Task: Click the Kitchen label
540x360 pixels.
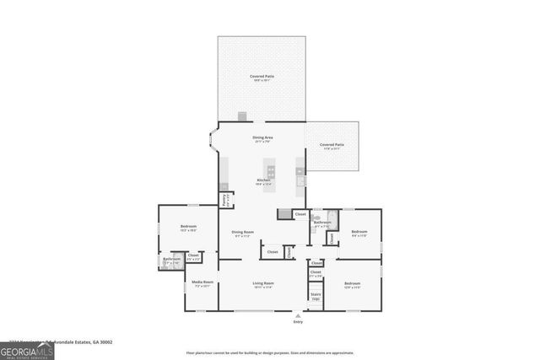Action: click(x=263, y=180)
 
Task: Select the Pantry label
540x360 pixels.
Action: click(x=225, y=201)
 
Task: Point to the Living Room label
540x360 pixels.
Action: click(x=263, y=284)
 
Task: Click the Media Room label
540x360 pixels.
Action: click(x=202, y=283)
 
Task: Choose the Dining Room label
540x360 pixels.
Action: click(x=243, y=234)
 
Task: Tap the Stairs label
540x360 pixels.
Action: click(x=316, y=296)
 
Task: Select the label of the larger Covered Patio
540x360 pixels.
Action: click(x=262, y=78)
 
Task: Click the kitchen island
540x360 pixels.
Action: click(x=271, y=172)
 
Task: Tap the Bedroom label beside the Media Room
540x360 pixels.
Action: click(x=188, y=228)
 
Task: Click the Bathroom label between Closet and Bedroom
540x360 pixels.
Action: click(x=322, y=223)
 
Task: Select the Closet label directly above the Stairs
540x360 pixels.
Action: click(x=316, y=273)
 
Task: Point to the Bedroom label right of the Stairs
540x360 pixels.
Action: click(x=352, y=284)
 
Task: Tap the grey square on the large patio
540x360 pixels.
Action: click(x=242, y=116)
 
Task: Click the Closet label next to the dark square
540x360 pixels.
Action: click(x=300, y=214)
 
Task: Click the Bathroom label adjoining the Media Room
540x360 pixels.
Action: click(x=170, y=260)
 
